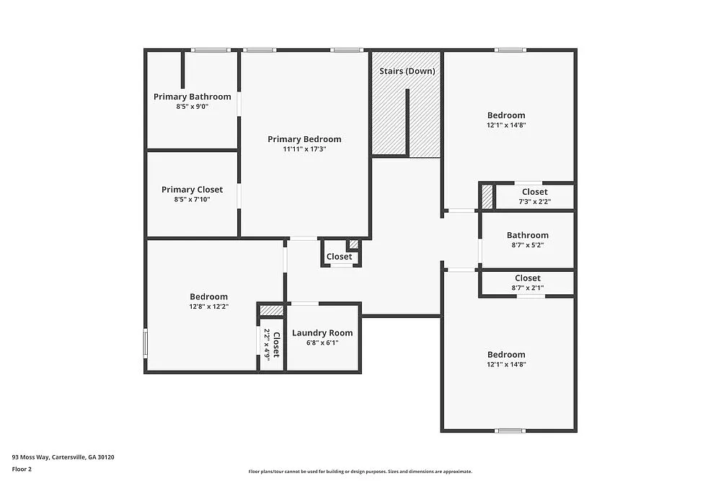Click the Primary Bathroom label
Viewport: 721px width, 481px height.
(193, 97)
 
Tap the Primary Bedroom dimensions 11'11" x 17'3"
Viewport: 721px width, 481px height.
(304, 149)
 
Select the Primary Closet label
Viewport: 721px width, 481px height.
(192, 190)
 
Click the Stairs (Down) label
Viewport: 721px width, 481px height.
(408, 71)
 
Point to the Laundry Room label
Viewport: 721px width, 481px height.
(322, 333)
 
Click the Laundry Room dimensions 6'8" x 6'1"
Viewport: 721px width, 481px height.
(322, 343)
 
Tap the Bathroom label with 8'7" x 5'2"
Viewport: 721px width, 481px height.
(527, 235)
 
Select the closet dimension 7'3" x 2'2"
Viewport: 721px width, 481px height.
(534, 202)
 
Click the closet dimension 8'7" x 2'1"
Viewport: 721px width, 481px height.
(527, 288)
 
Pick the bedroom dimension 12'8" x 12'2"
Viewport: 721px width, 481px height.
(208, 306)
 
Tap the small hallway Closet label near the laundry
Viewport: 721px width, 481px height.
(340, 257)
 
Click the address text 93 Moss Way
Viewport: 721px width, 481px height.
(63, 456)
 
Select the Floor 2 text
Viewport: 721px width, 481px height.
(22, 469)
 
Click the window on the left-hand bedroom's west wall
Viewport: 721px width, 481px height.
(146, 343)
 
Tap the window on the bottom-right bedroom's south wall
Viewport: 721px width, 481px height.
(510, 431)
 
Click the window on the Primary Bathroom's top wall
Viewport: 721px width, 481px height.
(211, 50)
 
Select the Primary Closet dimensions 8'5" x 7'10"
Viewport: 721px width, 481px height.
(192, 200)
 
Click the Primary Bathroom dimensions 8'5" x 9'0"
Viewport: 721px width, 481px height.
(193, 107)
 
